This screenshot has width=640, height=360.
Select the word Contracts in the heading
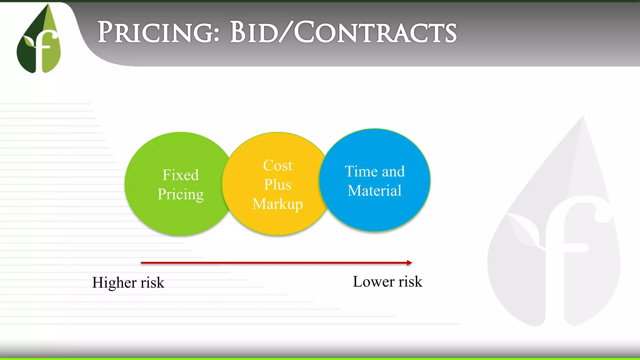(375, 32)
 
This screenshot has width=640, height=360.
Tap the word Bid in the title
(253, 32)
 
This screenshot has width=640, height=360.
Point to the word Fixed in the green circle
(181, 175)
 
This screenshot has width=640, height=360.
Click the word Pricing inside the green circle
(181, 194)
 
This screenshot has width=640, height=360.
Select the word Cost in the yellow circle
(277, 165)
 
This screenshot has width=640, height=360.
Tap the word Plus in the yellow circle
(277, 184)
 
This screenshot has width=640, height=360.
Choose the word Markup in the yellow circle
(277, 204)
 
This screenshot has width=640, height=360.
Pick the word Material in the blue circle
(374, 191)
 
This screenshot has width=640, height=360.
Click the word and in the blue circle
(393, 172)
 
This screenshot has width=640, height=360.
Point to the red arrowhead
(409, 263)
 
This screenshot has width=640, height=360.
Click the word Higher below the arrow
(114, 282)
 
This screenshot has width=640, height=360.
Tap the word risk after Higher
(152, 282)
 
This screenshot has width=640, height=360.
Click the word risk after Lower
(410, 282)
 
